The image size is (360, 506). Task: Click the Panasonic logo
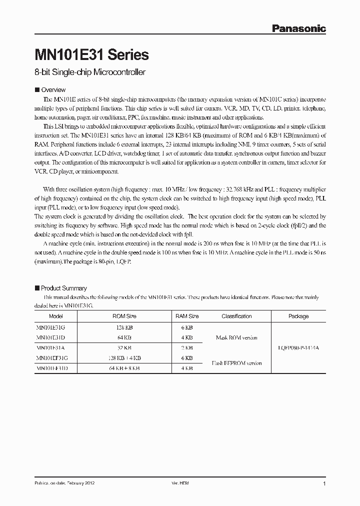[298, 28]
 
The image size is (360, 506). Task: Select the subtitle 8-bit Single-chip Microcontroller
[90, 72]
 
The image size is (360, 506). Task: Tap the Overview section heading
[53, 90]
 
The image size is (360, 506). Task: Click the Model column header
[56, 316]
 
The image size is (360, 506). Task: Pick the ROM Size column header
[124, 316]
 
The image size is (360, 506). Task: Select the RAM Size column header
[187, 316]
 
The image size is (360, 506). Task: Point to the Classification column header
[236, 316]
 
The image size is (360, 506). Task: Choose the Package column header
[298, 316]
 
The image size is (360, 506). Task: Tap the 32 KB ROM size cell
[124, 347]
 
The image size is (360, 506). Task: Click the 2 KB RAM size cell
[187, 347]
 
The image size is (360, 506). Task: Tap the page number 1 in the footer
[324, 484]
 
